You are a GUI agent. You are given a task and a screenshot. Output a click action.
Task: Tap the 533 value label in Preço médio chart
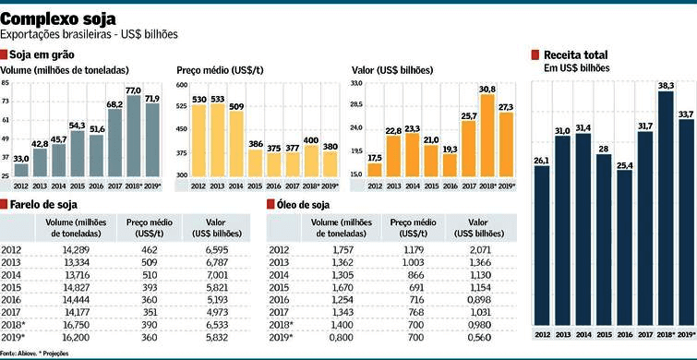(x=217, y=98)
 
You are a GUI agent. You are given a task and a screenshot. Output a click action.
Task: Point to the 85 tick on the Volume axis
(x=6, y=83)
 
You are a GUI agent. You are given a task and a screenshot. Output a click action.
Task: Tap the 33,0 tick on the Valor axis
(x=356, y=83)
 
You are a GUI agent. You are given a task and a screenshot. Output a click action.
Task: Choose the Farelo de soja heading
(x=43, y=204)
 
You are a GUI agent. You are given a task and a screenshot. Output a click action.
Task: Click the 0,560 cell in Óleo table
(x=477, y=338)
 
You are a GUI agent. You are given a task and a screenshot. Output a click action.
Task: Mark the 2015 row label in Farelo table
(x=11, y=287)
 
